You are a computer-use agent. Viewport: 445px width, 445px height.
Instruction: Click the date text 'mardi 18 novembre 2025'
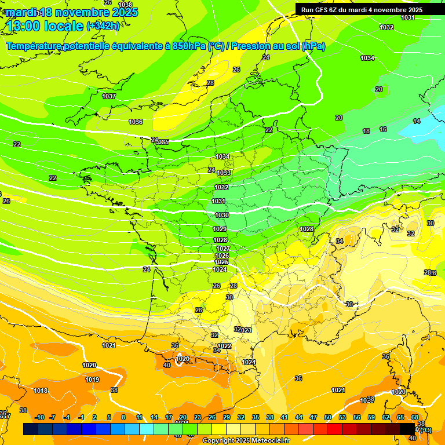click(x=72, y=12)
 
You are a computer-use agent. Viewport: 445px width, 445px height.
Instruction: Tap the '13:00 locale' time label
click(x=44, y=25)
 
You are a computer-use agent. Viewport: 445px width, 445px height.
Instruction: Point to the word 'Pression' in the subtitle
click(x=254, y=46)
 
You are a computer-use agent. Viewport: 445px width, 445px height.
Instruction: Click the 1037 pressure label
click(x=108, y=96)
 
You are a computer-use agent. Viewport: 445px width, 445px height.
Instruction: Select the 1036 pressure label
click(x=136, y=122)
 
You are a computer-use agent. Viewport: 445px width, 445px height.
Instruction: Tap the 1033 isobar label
click(x=224, y=173)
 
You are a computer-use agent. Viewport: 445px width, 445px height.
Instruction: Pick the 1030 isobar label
click(x=222, y=215)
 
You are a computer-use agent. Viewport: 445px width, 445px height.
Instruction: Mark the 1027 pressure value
click(x=223, y=249)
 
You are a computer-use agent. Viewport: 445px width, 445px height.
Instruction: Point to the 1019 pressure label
click(x=92, y=380)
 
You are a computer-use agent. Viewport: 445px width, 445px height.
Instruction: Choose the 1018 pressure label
click(x=41, y=391)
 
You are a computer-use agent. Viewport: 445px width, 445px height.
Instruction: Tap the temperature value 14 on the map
click(x=417, y=121)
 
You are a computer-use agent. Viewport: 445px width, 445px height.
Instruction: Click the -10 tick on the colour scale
click(x=39, y=417)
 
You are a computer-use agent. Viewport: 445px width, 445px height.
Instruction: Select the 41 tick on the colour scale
click(x=284, y=417)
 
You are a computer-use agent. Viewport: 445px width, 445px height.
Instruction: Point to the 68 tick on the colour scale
click(x=414, y=417)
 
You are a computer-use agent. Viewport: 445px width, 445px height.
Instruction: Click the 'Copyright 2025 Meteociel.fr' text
click(x=246, y=440)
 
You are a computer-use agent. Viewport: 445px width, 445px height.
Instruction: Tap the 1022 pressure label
click(x=225, y=346)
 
